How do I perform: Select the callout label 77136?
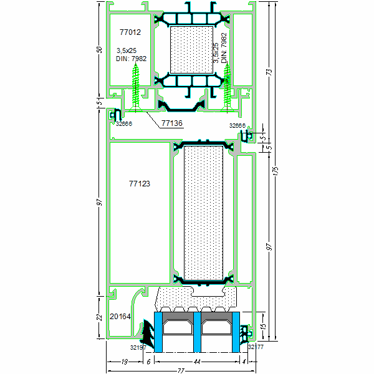171,123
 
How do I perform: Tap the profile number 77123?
140,184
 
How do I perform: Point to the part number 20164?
120,317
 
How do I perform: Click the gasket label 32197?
138,347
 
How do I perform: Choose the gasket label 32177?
256,347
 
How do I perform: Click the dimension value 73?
269,72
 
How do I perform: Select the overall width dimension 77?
180,370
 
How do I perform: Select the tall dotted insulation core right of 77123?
204,212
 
